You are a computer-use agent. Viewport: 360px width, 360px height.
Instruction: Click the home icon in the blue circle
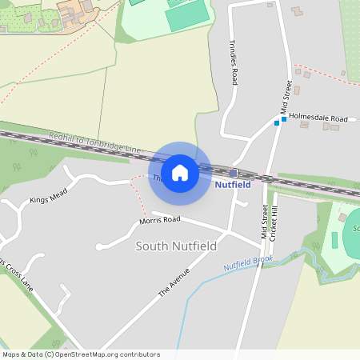point(180,173)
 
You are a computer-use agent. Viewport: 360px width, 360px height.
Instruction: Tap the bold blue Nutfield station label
point(233,185)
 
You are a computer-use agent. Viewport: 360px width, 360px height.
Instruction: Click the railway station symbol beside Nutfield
point(233,173)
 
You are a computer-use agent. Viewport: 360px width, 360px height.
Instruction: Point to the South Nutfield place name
point(176,246)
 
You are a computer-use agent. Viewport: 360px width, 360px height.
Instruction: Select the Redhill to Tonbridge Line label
point(94,143)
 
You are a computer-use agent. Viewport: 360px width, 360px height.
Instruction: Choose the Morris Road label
point(159,219)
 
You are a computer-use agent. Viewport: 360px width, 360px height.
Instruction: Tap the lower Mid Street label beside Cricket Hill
point(264,222)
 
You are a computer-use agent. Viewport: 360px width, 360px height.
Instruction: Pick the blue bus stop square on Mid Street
point(283,119)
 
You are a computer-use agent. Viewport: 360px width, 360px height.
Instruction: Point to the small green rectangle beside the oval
point(334,239)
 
